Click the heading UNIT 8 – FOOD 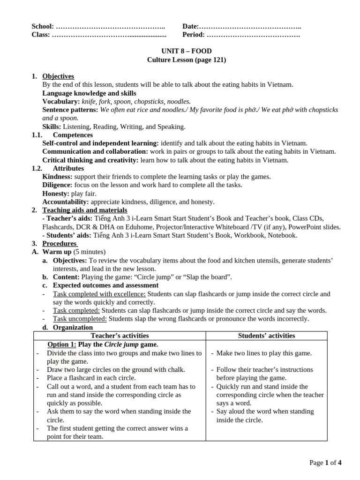pyautogui.click(x=180, y=51)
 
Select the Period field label pyautogui.click(x=194, y=35)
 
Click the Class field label pyautogui.click(x=40, y=35)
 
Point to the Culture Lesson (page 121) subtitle pyautogui.click(x=180, y=60)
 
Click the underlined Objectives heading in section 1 pyautogui.click(x=58, y=76)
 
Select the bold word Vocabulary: pyautogui.click(x=61, y=101)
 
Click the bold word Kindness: pyautogui.click(x=57, y=177)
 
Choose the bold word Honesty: pyautogui.click(x=56, y=194)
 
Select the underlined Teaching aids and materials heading pyautogui.click(x=84, y=210)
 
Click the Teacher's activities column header pyautogui.click(x=120, y=336)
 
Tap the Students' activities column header pyautogui.click(x=266, y=336)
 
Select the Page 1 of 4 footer pyautogui.click(x=325, y=463)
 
